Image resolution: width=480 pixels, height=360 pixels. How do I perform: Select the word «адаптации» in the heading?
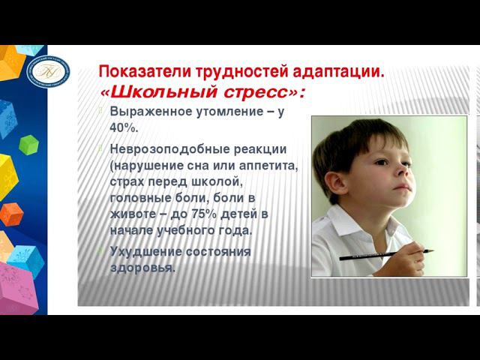pyautogui.click(x=341, y=73)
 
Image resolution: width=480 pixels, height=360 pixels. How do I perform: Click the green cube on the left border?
pyautogui.click(x=28, y=144)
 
